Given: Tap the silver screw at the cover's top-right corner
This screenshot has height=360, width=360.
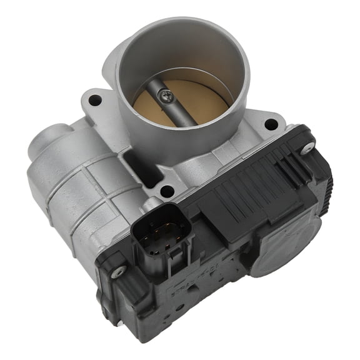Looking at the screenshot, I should coord(307,148).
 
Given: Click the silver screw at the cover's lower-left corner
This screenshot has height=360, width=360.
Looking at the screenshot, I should coord(116,271).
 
